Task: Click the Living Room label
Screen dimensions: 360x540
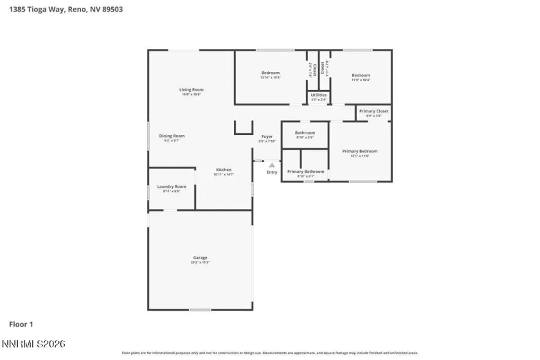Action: coord(191,89)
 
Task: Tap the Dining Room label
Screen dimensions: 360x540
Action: coord(172,136)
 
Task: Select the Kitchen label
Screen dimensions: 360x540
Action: coord(223,170)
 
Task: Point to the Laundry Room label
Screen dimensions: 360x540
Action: coord(171,186)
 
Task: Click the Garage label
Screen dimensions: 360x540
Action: coord(200,258)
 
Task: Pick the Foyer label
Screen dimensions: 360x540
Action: coord(267,136)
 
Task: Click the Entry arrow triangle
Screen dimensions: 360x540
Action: coord(272,165)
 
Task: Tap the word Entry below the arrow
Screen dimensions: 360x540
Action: coord(272,172)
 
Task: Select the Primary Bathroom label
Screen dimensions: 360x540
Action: coord(305,172)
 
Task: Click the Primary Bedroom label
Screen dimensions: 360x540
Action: coord(359,151)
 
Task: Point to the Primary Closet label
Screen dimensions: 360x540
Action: coord(373,111)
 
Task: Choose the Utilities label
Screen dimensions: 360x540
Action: coord(318,95)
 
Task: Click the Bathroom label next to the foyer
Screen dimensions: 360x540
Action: coord(305,133)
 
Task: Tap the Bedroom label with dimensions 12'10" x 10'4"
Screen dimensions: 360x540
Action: coord(270,73)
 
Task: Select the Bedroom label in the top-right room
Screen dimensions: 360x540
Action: coord(361,75)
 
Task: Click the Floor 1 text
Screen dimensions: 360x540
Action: coord(21,325)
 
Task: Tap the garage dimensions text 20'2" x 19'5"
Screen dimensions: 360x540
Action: coord(200,263)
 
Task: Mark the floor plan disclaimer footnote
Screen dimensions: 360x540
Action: coord(270,353)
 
